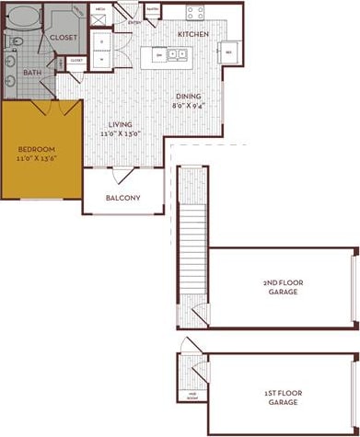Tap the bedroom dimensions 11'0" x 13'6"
(x=37, y=158)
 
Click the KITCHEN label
(x=193, y=34)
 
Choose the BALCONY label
(x=122, y=198)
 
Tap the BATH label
(x=32, y=73)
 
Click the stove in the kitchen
(x=195, y=13)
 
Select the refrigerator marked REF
(x=228, y=52)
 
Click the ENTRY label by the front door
(x=135, y=22)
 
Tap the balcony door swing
(x=121, y=175)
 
